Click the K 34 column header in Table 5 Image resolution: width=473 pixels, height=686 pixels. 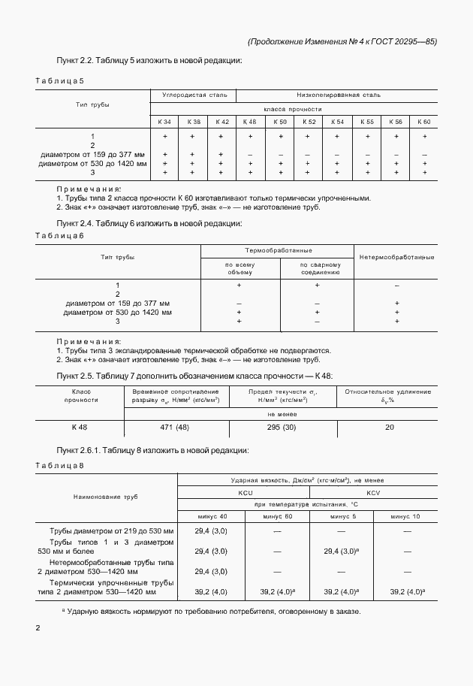click(164, 122)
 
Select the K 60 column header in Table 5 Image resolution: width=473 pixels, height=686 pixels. click(424, 122)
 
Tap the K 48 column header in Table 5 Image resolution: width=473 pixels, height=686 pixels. click(250, 122)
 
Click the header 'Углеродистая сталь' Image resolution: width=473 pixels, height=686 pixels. click(192, 95)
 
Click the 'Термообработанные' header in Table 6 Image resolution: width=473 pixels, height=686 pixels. click(278, 250)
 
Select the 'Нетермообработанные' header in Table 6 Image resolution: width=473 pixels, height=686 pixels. click(396, 258)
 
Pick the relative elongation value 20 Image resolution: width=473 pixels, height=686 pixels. click(389, 427)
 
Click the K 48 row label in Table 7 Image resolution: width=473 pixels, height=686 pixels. click(80, 427)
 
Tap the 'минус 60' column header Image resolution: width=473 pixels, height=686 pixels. click(276, 516)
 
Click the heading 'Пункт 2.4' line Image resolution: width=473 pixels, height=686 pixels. click(149, 223)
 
